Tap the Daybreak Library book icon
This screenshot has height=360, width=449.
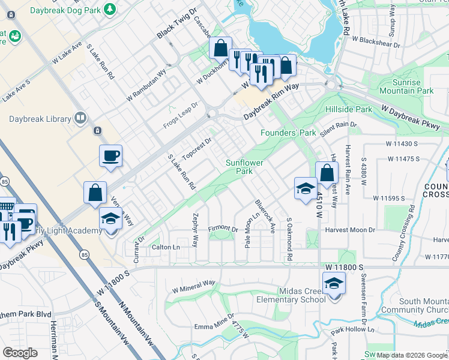click(81, 118)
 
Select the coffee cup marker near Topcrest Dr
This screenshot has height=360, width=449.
click(111, 157)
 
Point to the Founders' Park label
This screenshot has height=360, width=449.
click(288, 133)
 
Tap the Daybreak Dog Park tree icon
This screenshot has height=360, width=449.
click(109, 9)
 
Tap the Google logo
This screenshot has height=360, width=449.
click(20, 352)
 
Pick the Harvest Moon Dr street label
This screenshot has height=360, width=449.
click(350, 230)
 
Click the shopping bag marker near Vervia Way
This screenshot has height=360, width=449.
click(95, 193)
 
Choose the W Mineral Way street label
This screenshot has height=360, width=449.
click(193, 286)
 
